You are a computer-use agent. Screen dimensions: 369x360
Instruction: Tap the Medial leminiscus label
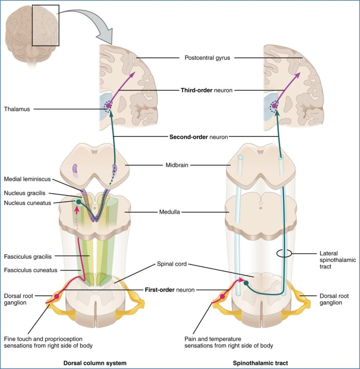[27, 179]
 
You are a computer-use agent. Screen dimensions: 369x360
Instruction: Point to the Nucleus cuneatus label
[26, 203]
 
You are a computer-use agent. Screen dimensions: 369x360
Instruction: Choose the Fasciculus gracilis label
[28, 257]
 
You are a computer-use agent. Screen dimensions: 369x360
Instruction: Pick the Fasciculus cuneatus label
[30, 270]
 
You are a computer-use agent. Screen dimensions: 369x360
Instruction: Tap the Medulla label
[170, 212]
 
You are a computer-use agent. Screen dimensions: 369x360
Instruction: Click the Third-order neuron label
[206, 90]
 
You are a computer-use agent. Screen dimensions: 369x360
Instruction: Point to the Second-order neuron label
[198, 137]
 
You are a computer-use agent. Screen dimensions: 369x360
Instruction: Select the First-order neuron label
[170, 289]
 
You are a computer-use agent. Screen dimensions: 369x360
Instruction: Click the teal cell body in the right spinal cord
[246, 283]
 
